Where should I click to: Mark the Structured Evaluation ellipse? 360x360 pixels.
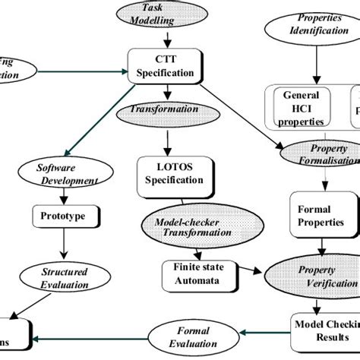64,279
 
